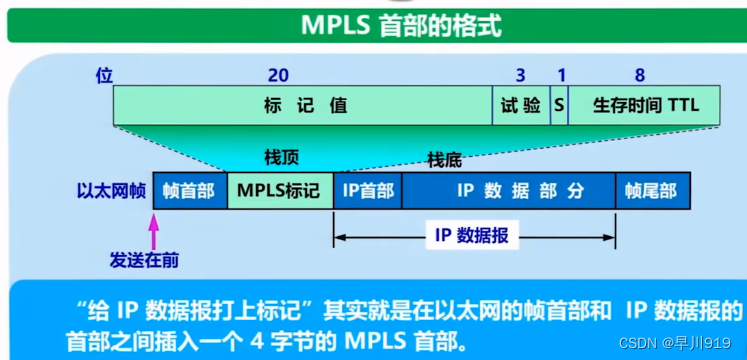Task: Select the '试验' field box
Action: click(x=520, y=105)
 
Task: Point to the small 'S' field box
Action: click(x=559, y=105)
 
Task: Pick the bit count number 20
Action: click(x=279, y=75)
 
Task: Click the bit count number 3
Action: click(x=520, y=75)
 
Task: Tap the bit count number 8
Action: click(x=640, y=75)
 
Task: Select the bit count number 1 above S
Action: click(x=561, y=75)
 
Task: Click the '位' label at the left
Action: click(x=103, y=75)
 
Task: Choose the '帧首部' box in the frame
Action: click(x=189, y=190)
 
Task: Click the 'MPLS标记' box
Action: click(x=280, y=190)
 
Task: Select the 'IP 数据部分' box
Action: click(x=508, y=190)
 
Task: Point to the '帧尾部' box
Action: click(x=652, y=190)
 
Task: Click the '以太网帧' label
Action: click(x=110, y=190)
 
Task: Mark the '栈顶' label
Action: click(x=281, y=158)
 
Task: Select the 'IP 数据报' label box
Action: click(x=471, y=235)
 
